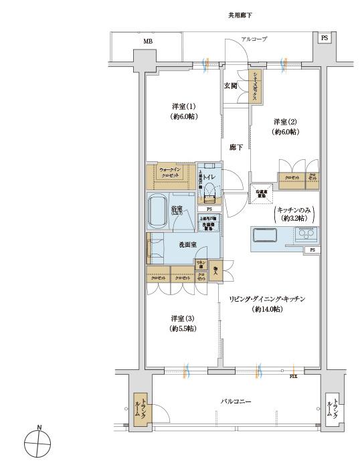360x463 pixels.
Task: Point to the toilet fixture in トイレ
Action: pyautogui.click(x=210, y=192)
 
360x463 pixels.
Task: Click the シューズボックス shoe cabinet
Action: pyautogui.click(x=256, y=87)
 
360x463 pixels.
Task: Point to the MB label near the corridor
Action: pyautogui.click(x=147, y=41)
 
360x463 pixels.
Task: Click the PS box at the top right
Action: pyautogui.click(x=324, y=38)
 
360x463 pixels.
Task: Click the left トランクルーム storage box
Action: pyautogui.click(x=143, y=406)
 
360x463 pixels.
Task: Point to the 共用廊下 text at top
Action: pyautogui.click(x=239, y=14)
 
